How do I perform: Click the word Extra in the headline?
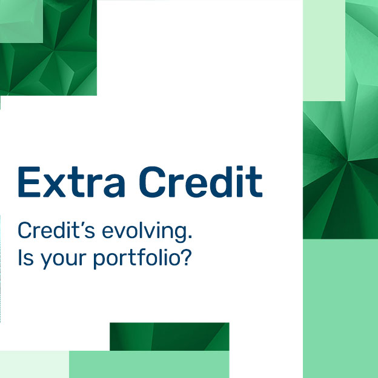point(71,182)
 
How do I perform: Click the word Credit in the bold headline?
point(201,182)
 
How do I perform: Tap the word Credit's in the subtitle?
point(56,230)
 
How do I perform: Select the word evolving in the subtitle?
point(144,232)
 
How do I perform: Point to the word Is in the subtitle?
point(26,257)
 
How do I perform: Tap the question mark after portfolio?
point(186,257)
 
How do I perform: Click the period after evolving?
point(190,237)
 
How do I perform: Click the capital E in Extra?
point(29,182)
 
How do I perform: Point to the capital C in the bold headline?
point(153,182)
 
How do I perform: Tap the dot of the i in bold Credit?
point(240,168)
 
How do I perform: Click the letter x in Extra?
point(55,185)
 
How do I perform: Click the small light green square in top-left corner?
point(21,21)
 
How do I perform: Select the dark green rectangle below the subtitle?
point(170,337)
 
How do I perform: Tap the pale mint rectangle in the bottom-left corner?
point(35,364)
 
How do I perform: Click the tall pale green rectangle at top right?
point(324,50)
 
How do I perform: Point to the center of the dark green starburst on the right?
point(348,162)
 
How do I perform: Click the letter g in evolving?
point(180,234)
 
